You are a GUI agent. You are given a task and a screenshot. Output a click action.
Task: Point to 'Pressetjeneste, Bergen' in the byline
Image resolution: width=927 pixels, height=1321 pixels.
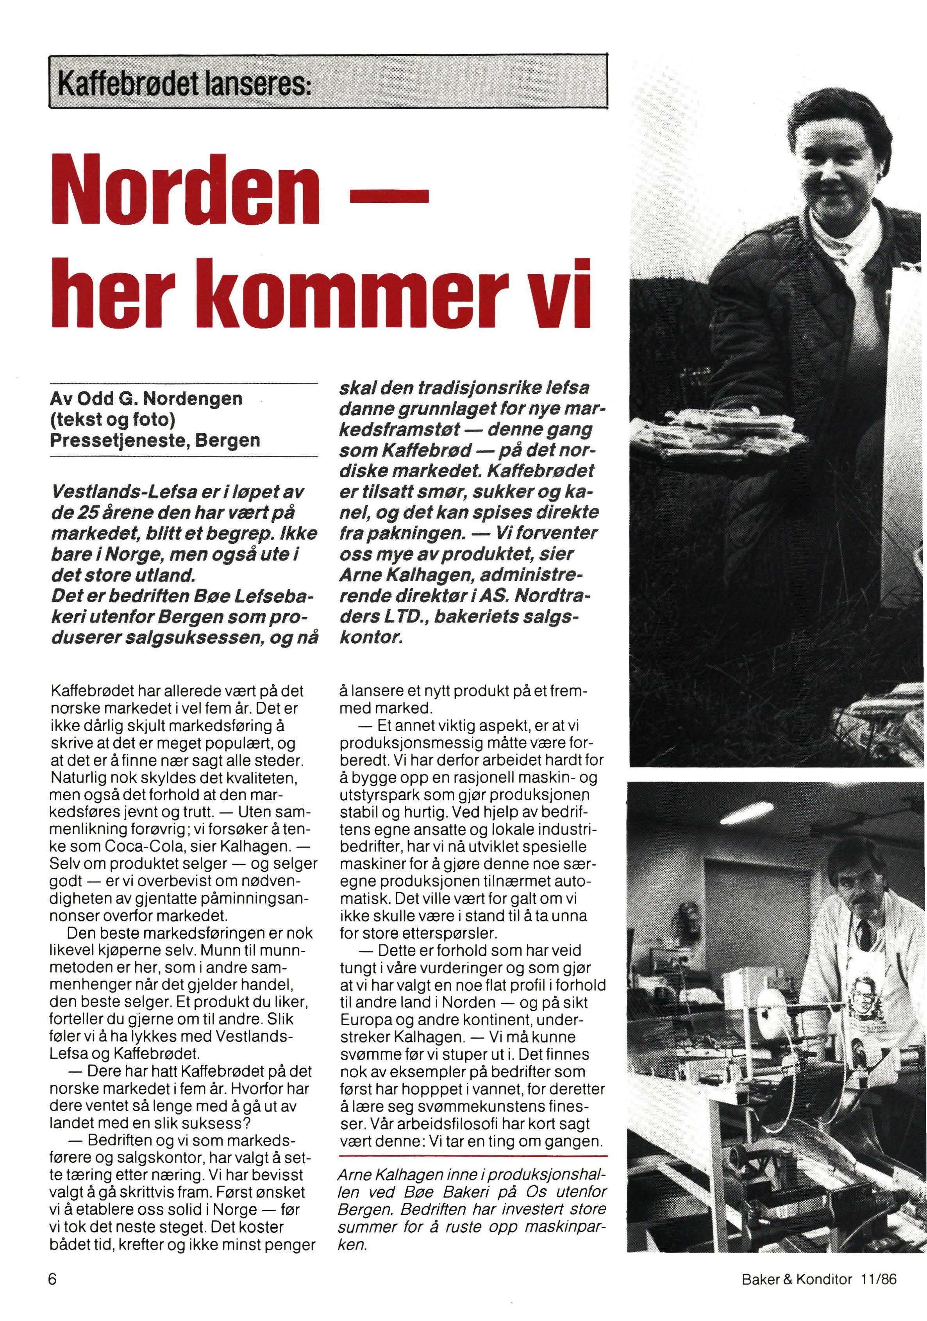[155, 440]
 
